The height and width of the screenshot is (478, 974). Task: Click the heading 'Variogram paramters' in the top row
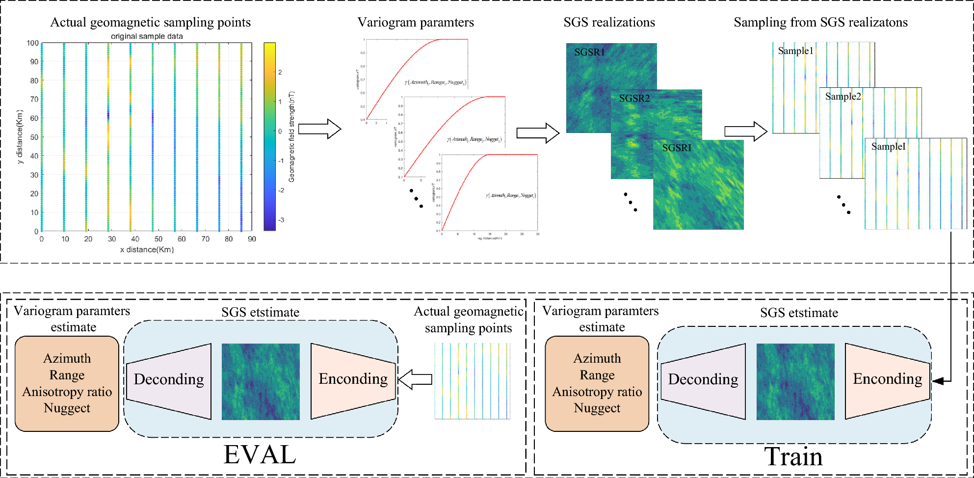[x=416, y=23]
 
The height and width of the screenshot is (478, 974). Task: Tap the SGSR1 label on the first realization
[x=589, y=52]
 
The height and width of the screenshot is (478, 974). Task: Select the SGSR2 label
[x=634, y=98]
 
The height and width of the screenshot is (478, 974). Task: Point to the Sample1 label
[x=795, y=51]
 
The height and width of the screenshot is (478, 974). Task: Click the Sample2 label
[x=842, y=96]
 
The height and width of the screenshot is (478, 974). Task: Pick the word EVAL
[x=260, y=454]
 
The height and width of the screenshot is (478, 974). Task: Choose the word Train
[x=793, y=456]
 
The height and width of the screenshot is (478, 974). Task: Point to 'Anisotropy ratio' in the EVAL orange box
[x=67, y=392]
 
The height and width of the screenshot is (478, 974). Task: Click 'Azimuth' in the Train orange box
[x=597, y=358]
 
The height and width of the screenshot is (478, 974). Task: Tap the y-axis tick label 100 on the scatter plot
[x=32, y=43]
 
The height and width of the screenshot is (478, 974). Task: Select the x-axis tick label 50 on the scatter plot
[x=158, y=239]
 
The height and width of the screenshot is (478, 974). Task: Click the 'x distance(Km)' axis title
[x=147, y=249]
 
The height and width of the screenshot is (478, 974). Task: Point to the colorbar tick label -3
[x=281, y=220]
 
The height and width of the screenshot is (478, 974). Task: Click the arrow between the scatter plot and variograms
[x=319, y=129]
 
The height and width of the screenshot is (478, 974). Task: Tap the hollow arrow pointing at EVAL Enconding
[x=415, y=379]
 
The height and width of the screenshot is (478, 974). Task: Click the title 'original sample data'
[x=147, y=36]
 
